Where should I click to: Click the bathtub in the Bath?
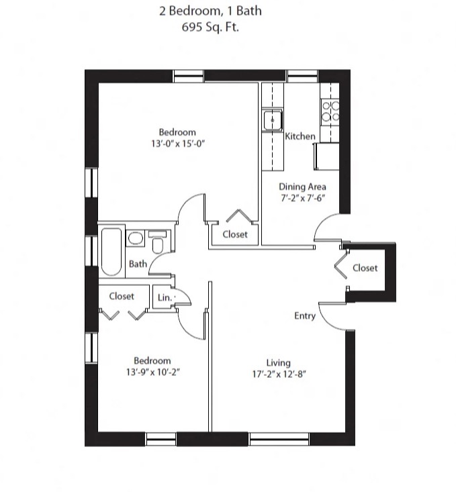(x=111, y=252)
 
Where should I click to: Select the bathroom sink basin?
(x=136, y=238)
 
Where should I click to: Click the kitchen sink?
(x=272, y=120)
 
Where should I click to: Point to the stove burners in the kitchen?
(x=330, y=111)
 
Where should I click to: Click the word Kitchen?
(x=300, y=136)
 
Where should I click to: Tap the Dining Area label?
(x=302, y=187)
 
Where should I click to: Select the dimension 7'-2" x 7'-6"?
(x=303, y=198)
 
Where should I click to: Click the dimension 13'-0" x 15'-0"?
(x=178, y=144)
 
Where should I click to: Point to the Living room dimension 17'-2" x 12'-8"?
(x=279, y=374)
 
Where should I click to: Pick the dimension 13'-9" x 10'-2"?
(x=153, y=372)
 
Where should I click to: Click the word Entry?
(x=305, y=315)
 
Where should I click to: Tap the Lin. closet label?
(x=165, y=297)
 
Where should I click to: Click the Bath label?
(x=138, y=264)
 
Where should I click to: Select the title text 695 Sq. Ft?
(x=210, y=27)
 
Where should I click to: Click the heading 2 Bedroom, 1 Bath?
(x=210, y=11)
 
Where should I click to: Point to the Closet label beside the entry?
(x=365, y=268)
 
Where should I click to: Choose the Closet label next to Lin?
(x=122, y=296)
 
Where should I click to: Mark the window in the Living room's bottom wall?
(x=279, y=439)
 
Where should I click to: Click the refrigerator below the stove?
(x=326, y=156)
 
